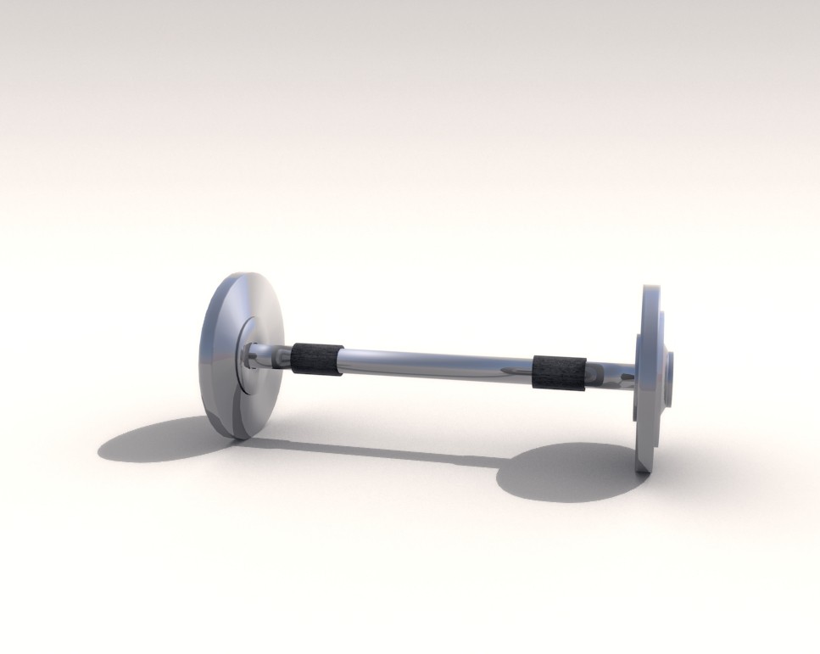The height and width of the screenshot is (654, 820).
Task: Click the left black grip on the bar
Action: point(316,359)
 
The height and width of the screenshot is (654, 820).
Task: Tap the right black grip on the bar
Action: point(559,374)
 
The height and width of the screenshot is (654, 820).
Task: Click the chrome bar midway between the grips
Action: point(437,365)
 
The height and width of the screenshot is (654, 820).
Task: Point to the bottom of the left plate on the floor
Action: point(237,435)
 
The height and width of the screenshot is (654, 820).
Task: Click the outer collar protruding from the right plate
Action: point(670,373)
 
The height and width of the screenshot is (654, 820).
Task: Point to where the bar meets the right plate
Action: point(634,375)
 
